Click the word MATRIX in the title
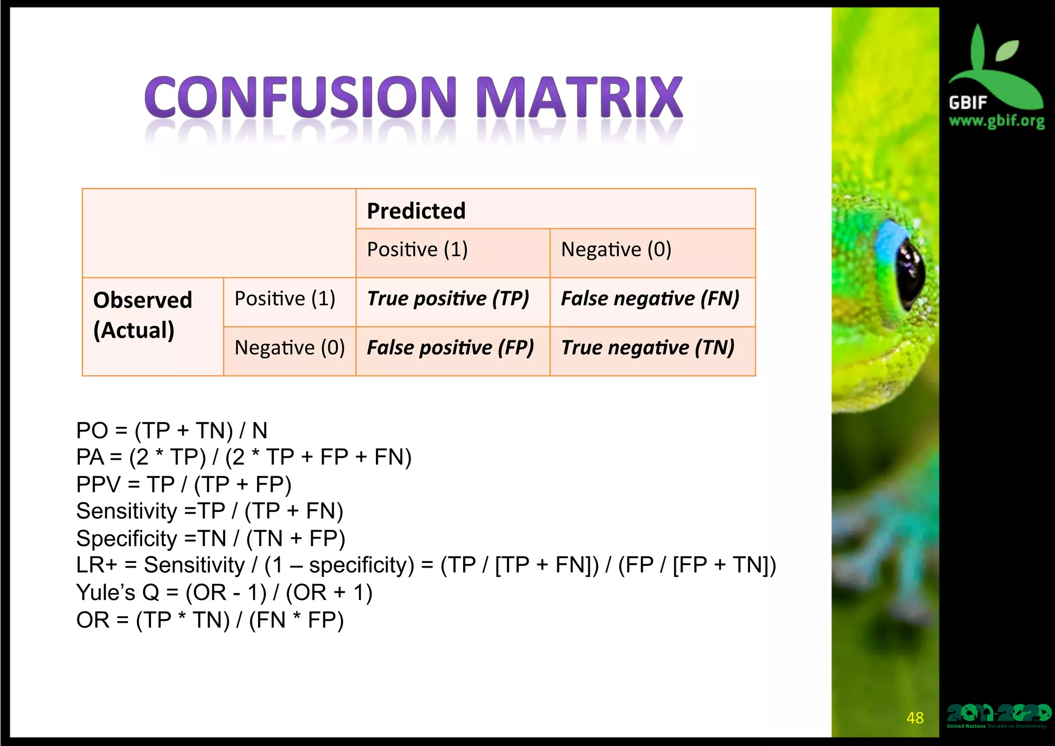tap(579, 97)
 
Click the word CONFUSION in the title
tap(300, 97)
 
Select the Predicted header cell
tap(416, 210)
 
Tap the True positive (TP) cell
tap(448, 299)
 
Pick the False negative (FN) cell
tap(650, 299)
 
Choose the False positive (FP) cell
tap(450, 347)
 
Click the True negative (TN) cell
tap(647, 347)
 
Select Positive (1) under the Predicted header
tap(417, 250)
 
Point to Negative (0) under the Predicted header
tap(616, 250)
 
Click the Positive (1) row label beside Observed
tap(285, 299)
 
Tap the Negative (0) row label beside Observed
tap(290, 347)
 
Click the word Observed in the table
tap(143, 300)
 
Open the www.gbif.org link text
tap(996, 121)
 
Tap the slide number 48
tap(915, 718)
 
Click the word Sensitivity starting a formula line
tap(127, 511)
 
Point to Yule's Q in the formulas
tap(117, 592)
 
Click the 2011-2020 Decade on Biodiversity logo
tap(998, 716)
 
